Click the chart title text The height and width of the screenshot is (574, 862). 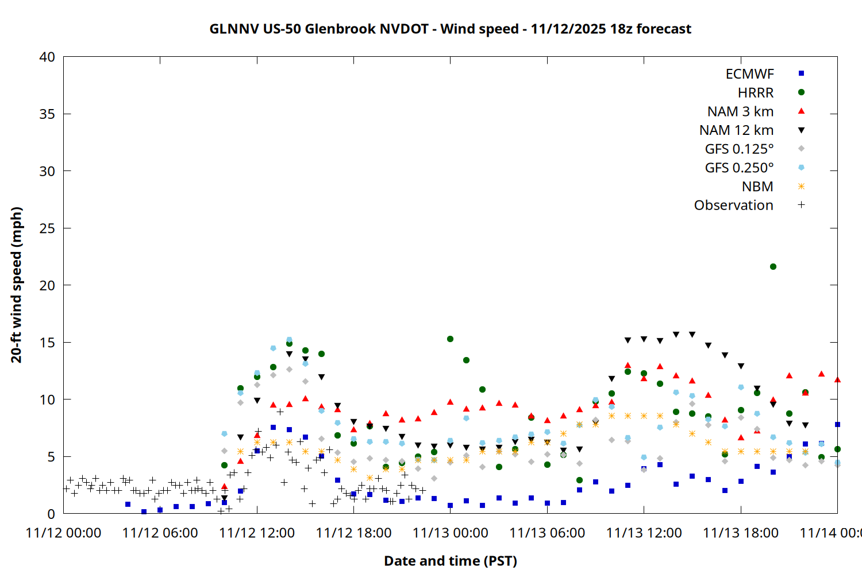click(x=450, y=29)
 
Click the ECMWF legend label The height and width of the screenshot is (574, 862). click(x=749, y=74)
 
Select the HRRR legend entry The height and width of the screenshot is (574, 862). click(x=756, y=93)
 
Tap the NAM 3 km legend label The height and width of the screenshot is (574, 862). click(x=740, y=111)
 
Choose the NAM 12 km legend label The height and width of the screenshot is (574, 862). click(x=736, y=130)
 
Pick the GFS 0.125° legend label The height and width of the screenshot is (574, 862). click(x=739, y=149)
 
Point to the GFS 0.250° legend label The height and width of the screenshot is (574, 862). click(x=739, y=168)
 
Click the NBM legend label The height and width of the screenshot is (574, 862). click(x=757, y=187)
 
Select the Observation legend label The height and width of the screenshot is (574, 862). click(x=733, y=205)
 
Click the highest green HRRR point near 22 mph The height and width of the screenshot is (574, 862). click(x=773, y=267)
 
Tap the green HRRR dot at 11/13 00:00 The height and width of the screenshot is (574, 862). click(x=450, y=339)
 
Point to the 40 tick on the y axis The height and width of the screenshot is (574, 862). click(x=47, y=57)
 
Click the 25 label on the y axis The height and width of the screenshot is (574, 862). click(x=47, y=228)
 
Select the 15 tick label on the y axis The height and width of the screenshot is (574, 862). click(x=47, y=343)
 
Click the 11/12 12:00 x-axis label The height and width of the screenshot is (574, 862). click(x=257, y=533)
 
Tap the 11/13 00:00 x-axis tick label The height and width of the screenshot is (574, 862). click(x=450, y=533)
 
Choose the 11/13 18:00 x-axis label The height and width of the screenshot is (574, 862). click(x=741, y=533)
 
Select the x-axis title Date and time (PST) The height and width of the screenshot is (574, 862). click(x=450, y=561)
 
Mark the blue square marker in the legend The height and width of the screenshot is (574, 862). click(x=801, y=73)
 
